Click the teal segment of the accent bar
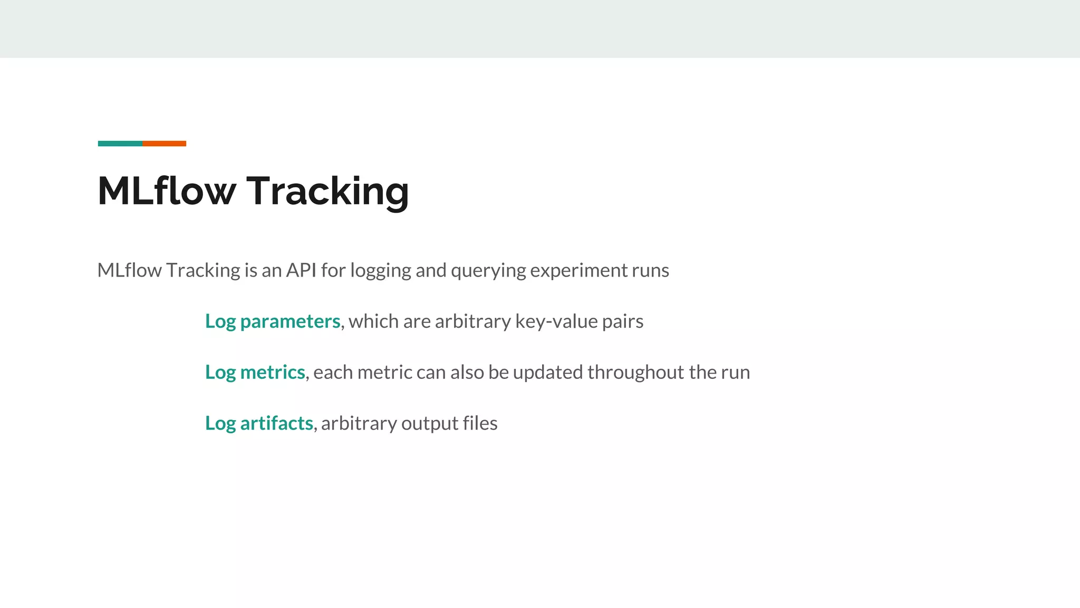(120, 144)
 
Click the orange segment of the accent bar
(164, 144)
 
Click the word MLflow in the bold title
(167, 191)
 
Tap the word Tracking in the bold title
(327, 192)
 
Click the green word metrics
(273, 373)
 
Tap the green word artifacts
(276, 423)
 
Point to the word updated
(548, 373)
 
